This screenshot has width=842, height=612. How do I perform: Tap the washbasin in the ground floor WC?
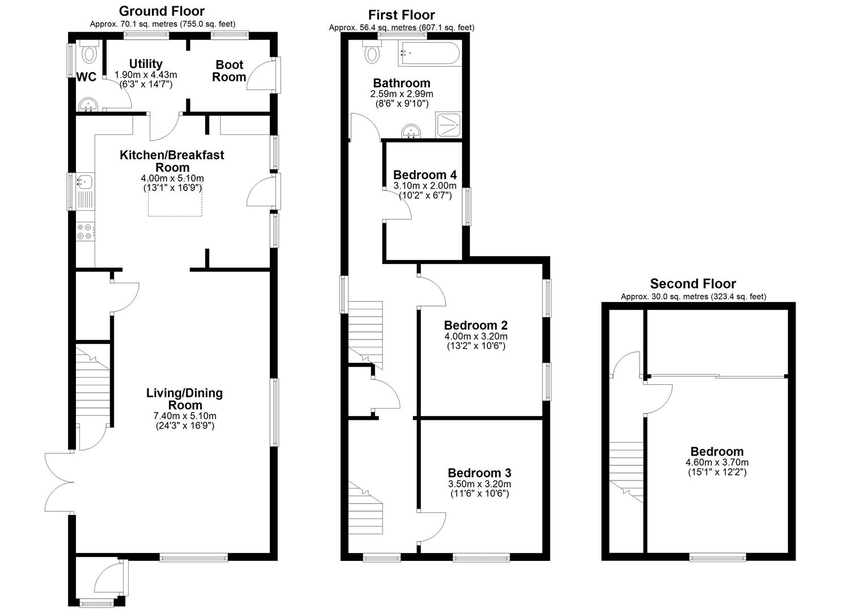click(x=88, y=104)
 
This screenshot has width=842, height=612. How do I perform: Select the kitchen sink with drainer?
click(x=85, y=192)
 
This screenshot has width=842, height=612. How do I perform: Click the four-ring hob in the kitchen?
click(x=85, y=231)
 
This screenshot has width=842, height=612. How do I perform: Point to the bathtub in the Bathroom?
click(x=429, y=53)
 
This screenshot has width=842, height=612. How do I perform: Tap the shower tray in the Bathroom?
click(x=448, y=125)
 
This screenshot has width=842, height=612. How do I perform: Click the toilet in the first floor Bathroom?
click(x=372, y=52)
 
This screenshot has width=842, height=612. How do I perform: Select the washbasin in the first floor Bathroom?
click(x=412, y=131)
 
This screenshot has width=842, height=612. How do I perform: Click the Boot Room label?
click(x=229, y=71)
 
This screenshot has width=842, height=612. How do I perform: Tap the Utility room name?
click(x=146, y=63)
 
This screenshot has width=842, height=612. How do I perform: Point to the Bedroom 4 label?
click(x=425, y=175)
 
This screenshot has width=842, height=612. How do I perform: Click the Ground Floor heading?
click(x=162, y=11)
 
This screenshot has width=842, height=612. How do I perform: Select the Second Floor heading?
click(x=693, y=283)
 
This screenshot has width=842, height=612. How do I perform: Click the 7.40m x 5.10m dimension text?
click(x=185, y=416)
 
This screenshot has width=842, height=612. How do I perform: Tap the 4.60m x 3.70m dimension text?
click(x=717, y=462)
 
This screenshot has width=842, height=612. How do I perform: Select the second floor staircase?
click(x=626, y=472)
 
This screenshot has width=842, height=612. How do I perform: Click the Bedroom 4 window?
click(x=467, y=207)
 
